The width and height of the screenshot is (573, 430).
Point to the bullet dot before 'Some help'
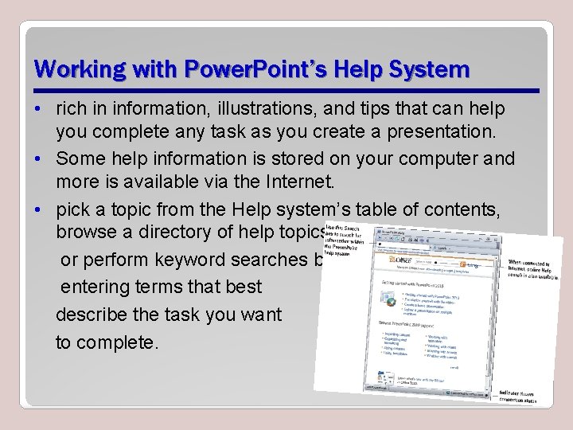click(38, 158)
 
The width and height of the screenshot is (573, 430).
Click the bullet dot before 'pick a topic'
click(38, 209)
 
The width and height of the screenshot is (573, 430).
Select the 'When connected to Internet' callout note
click(532, 268)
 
